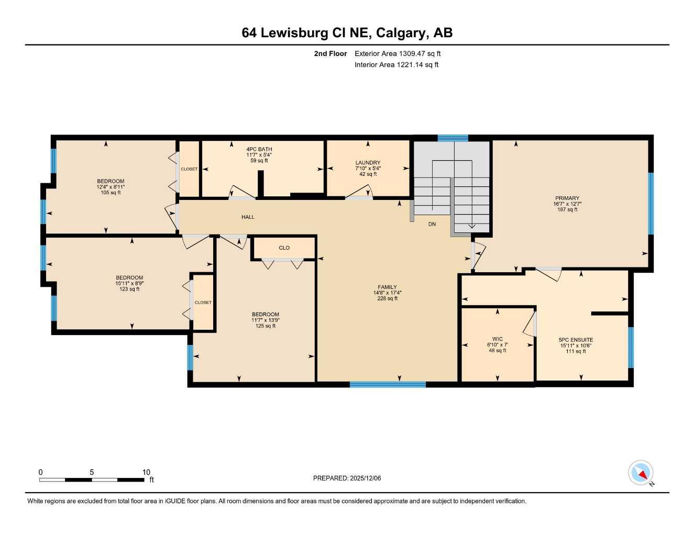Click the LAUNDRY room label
coord(368,163)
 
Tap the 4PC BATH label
coord(259,149)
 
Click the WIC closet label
coord(497,339)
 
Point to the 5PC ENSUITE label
coord(576,340)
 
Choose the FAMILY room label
coord(387,287)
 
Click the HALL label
coord(248,217)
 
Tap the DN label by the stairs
coord(432,224)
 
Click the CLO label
coord(284,248)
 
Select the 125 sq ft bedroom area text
coord(266,326)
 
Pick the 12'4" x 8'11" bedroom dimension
coord(111,187)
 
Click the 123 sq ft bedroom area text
coord(129,289)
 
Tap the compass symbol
coord(641,473)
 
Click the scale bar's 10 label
coord(146,472)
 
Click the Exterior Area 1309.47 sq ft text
coord(398,53)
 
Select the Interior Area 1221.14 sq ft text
coord(396,65)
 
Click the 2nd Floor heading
coord(330,53)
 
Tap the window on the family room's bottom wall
coord(388,385)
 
